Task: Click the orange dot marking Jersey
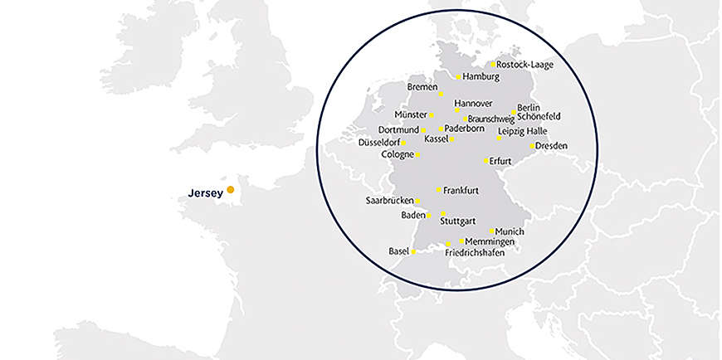231,190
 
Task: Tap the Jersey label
205,193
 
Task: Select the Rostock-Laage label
524,64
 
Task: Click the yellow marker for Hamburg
458,77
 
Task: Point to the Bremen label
422,87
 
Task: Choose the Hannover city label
474,103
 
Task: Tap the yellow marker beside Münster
432,114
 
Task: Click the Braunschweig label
492,119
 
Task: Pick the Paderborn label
465,129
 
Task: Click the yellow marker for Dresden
532,147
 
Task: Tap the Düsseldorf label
378,143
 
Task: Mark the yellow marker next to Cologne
417,154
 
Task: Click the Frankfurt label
461,191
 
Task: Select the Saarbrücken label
389,201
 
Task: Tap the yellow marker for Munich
492,231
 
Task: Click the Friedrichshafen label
475,251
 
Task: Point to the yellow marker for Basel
413,251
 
